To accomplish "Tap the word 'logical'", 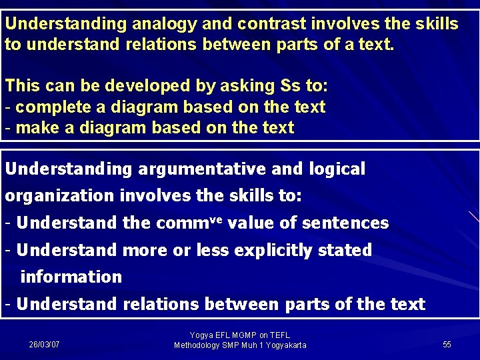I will (x=337, y=169).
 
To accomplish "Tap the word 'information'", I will (x=71, y=277).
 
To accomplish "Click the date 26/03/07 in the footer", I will (x=44, y=345).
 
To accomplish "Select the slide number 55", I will (x=447, y=345).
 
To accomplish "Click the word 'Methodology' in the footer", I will (x=197, y=345).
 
